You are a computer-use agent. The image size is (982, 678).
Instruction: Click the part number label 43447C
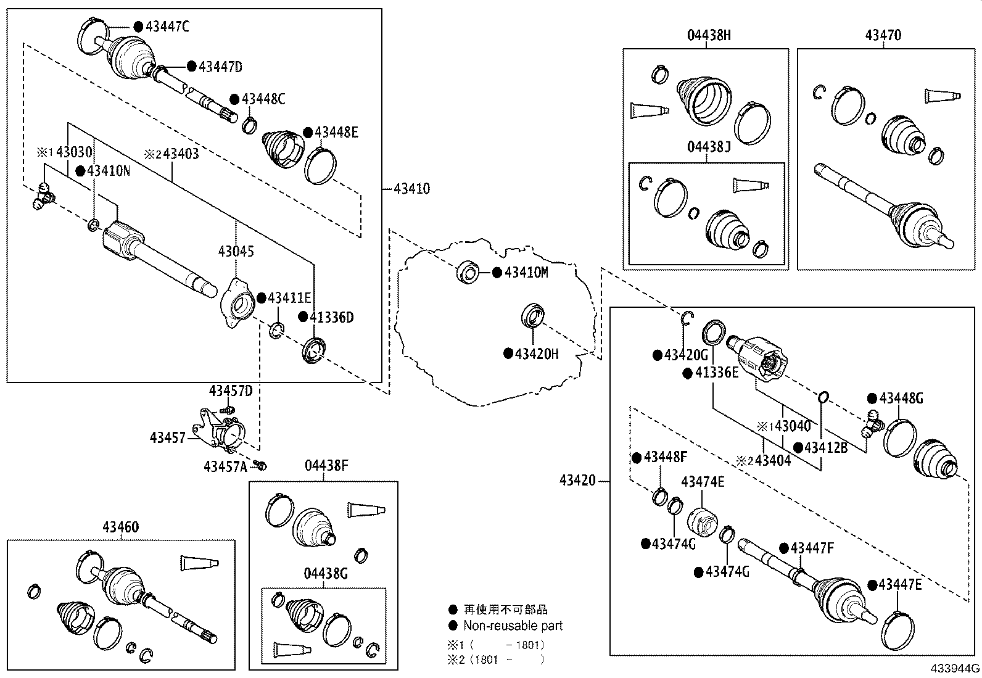click(x=167, y=26)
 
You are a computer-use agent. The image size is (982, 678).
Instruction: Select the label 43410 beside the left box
click(x=411, y=189)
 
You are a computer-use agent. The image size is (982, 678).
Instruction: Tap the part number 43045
click(x=236, y=252)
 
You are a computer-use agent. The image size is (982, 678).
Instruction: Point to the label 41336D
click(x=331, y=317)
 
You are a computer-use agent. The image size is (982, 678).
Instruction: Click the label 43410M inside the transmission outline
click(x=526, y=273)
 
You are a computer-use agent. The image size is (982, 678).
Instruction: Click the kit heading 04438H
click(x=709, y=35)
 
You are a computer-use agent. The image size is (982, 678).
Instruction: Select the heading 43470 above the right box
click(x=883, y=35)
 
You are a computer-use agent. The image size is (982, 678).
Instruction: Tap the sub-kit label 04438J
click(x=709, y=147)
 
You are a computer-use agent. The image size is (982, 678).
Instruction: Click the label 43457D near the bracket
click(x=231, y=391)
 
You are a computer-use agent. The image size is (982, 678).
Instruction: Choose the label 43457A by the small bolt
click(x=225, y=467)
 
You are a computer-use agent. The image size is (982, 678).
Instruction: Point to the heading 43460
click(x=120, y=527)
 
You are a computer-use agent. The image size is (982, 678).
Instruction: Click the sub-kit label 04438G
click(x=326, y=574)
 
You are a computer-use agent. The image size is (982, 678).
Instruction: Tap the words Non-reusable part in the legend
click(x=513, y=626)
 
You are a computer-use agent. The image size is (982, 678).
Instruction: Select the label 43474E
click(x=703, y=482)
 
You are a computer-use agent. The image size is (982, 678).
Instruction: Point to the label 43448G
click(x=901, y=399)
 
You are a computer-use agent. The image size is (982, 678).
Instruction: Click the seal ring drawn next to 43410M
click(x=468, y=272)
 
